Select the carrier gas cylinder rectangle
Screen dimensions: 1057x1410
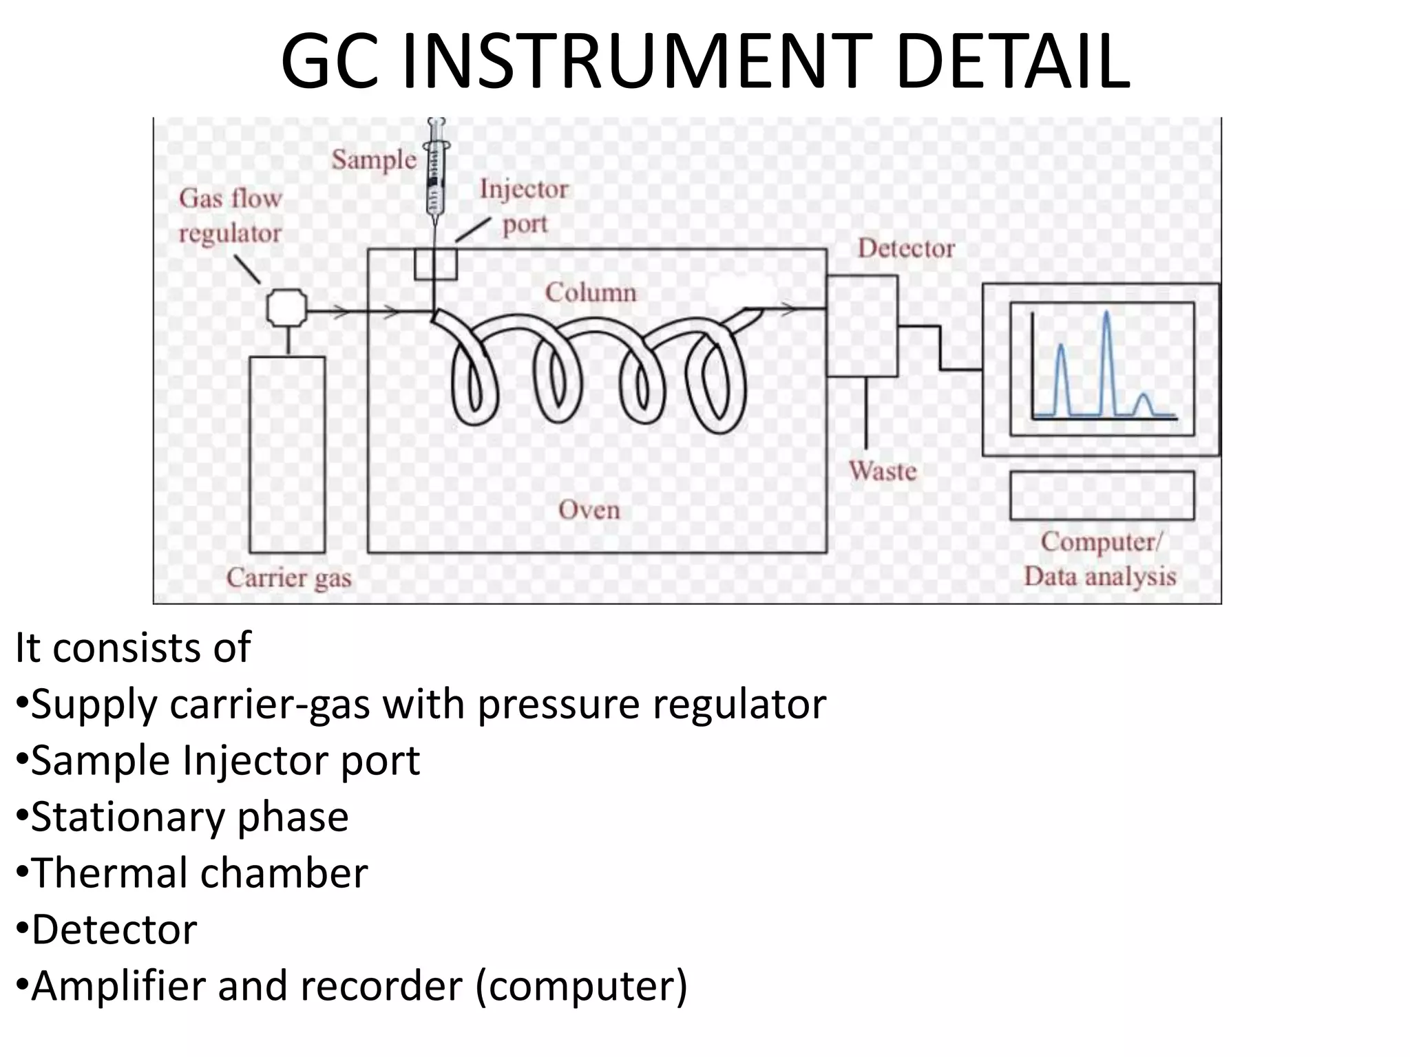287,454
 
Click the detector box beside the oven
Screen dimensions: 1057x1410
862,325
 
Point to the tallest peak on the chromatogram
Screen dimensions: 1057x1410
1106,317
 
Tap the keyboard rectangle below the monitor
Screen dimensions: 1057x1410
1102,495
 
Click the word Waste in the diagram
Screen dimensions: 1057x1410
883,471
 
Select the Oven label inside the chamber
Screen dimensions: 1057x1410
589,510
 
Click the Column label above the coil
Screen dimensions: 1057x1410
591,292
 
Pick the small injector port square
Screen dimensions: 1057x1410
435,264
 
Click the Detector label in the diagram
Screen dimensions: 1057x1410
906,248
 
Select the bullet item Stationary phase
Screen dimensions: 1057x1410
189,817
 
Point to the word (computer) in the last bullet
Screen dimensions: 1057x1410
582,986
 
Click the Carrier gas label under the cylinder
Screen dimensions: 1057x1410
289,578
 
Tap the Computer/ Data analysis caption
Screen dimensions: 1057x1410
1100,559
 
